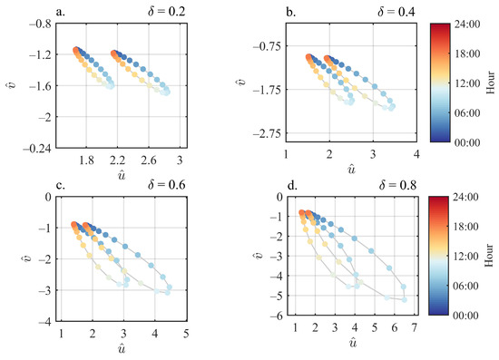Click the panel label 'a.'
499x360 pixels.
pyautogui.click(x=61, y=11)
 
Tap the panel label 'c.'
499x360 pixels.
pyautogui.click(x=61, y=188)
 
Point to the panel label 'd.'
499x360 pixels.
pyautogui.click(x=292, y=189)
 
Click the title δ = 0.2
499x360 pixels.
pyautogui.click(x=163, y=11)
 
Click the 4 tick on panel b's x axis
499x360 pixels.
pyautogui.click(x=416, y=156)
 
